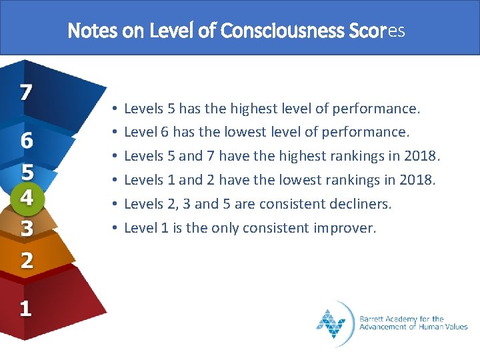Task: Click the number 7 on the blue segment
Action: pos(25,91)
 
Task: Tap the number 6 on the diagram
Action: pos(27,141)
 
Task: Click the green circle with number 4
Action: pos(27,199)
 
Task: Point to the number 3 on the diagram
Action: pos(27,229)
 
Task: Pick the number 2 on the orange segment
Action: pos(27,260)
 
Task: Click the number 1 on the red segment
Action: pos(25,309)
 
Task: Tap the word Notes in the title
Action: pos(93,31)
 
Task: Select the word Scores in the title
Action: pos(377,31)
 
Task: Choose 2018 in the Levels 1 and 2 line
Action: pos(417,180)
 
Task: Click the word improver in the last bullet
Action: pos(347,228)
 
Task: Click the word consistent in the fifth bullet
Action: pos(297,204)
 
